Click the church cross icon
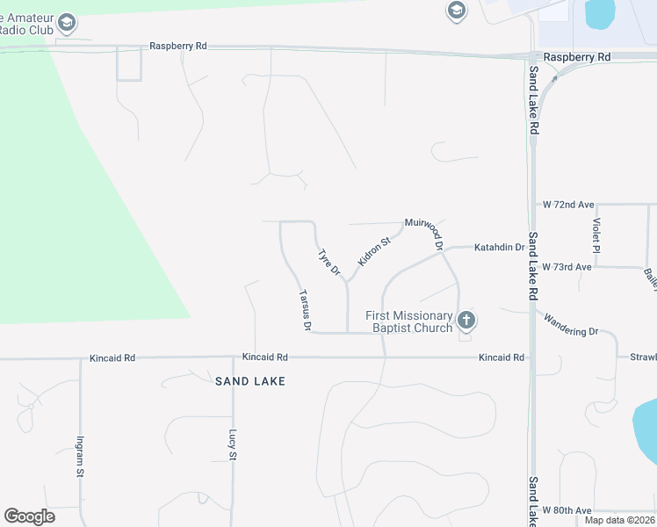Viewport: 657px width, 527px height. [x=466, y=321]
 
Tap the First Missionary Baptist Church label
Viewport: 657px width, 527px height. [x=409, y=321]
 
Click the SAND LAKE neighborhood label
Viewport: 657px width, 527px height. [x=250, y=381]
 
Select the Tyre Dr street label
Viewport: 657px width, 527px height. [x=328, y=263]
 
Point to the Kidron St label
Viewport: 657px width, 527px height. [x=373, y=251]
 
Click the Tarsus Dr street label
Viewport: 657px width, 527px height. [x=305, y=310]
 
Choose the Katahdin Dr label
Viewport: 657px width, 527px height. [x=499, y=249]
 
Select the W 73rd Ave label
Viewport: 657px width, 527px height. [x=567, y=266]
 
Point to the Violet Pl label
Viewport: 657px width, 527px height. [x=596, y=235]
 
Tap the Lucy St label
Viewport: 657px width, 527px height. [x=233, y=444]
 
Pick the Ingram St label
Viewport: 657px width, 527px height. [x=80, y=457]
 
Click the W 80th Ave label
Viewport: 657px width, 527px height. [x=567, y=510]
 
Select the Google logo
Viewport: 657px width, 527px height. [x=29, y=516]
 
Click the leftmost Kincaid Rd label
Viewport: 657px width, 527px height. [x=112, y=358]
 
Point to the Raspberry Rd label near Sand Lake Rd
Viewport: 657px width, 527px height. [x=576, y=57]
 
